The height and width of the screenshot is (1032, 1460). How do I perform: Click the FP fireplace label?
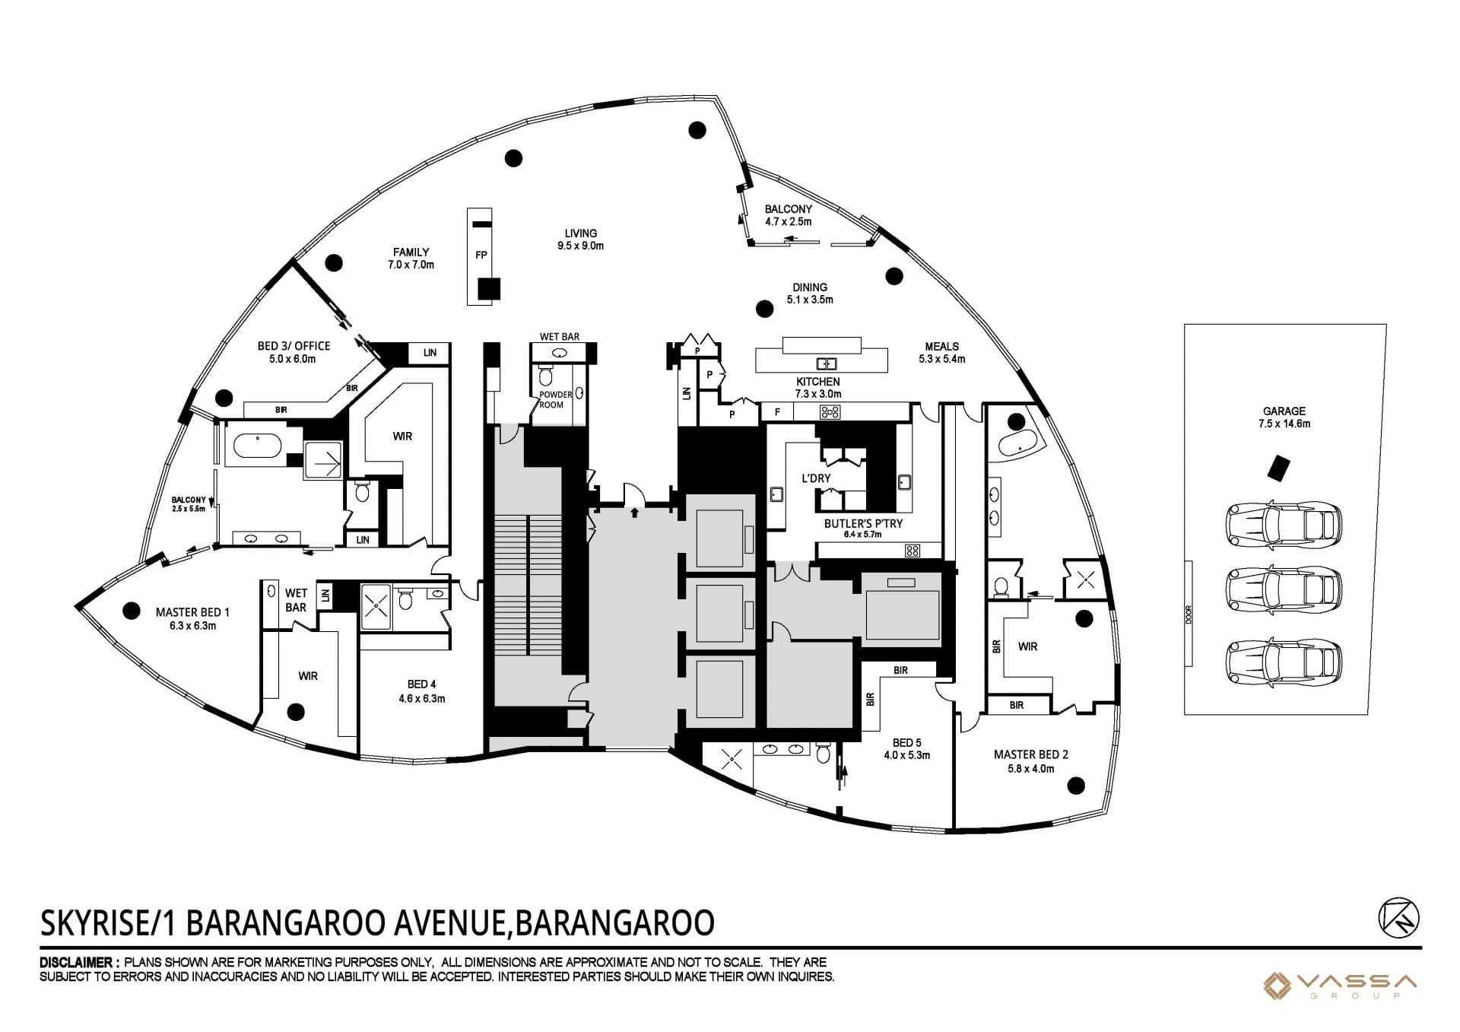coord(481,255)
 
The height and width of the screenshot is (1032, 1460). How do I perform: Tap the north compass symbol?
coord(1398,916)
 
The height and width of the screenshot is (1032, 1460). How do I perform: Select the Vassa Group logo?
coord(1339,986)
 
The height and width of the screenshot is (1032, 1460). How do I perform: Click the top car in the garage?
coord(1284,523)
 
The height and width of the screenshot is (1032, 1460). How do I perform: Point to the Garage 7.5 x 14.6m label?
coord(1284,418)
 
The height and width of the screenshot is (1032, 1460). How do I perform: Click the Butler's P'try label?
coord(863,528)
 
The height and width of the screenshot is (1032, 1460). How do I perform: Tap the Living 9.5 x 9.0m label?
coord(580,240)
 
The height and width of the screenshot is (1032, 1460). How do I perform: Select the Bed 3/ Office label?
coord(294,352)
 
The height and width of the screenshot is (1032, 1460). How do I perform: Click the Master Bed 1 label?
coord(192,618)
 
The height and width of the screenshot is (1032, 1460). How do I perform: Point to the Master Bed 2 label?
coord(1031,761)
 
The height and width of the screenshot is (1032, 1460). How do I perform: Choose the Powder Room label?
coord(555,400)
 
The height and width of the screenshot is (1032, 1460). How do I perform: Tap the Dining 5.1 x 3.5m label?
coord(810,293)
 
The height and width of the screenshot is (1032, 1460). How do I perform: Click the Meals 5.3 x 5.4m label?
coord(941,352)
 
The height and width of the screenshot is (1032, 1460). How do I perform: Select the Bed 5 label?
coord(907,749)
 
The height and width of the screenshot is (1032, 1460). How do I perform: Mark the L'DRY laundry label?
coord(816,478)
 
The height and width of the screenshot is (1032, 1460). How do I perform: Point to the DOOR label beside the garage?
coord(1189,614)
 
